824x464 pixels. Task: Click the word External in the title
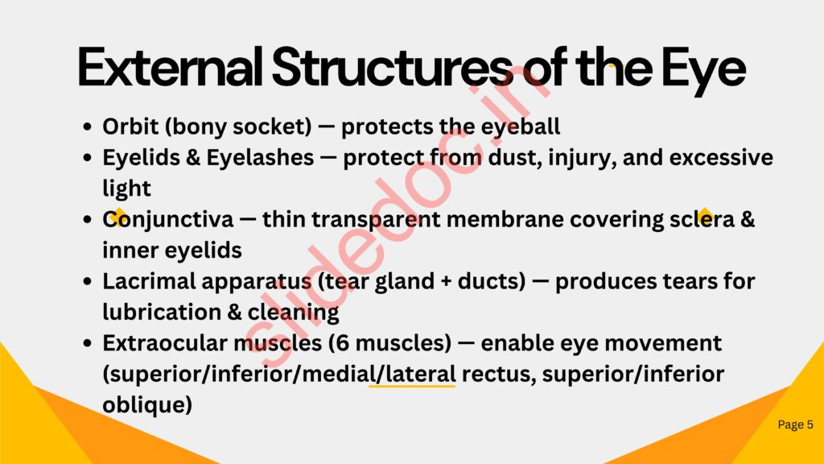tap(171, 67)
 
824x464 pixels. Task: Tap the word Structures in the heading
tap(392, 67)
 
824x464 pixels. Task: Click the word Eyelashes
tap(260, 157)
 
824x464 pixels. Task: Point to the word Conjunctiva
tap(167, 220)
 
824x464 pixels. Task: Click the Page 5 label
tap(795, 424)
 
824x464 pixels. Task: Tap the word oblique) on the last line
tap(147, 405)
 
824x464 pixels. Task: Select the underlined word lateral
tap(420, 374)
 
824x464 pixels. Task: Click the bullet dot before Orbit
tap(87, 126)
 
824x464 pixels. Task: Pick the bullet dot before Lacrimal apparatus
tap(87, 281)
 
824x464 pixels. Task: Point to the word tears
tap(690, 281)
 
